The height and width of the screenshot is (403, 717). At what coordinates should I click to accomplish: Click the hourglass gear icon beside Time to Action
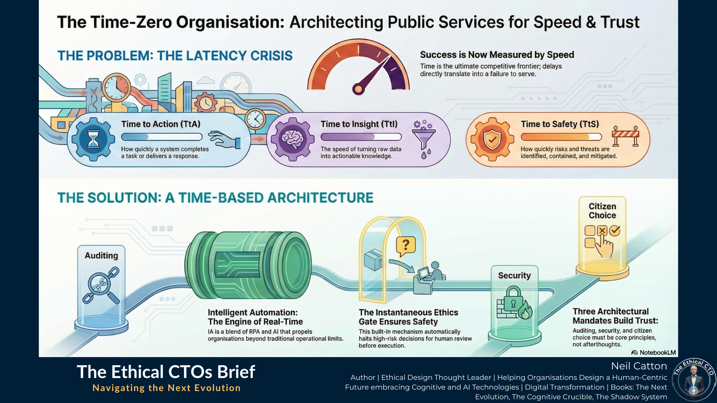[x=93, y=139]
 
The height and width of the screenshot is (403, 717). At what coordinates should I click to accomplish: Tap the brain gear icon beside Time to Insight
[x=293, y=139]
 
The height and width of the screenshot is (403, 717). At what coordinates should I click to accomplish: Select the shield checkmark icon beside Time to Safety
[x=492, y=139]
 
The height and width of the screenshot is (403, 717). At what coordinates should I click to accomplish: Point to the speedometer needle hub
[x=358, y=89]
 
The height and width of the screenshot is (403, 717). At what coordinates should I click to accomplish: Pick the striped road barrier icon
[x=626, y=137]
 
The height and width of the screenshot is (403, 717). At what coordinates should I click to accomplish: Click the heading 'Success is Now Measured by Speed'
[x=497, y=55]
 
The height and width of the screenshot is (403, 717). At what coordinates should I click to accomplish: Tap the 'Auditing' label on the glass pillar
[x=101, y=256]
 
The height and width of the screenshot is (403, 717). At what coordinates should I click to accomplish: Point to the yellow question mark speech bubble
[x=406, y=246]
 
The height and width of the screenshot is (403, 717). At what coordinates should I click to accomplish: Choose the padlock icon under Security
[x=513, y=299]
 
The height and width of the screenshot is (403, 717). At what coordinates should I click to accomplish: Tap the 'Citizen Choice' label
[x=602, y=211]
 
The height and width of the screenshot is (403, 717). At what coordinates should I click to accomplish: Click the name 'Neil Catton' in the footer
[x=639, y=366]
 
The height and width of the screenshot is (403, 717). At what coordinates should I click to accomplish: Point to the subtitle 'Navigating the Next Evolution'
[x=167, y=388]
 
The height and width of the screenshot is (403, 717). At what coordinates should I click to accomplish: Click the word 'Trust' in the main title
[x=620, y=22]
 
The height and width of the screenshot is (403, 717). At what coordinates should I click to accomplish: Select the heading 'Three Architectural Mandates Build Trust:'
[x=615, y=316]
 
